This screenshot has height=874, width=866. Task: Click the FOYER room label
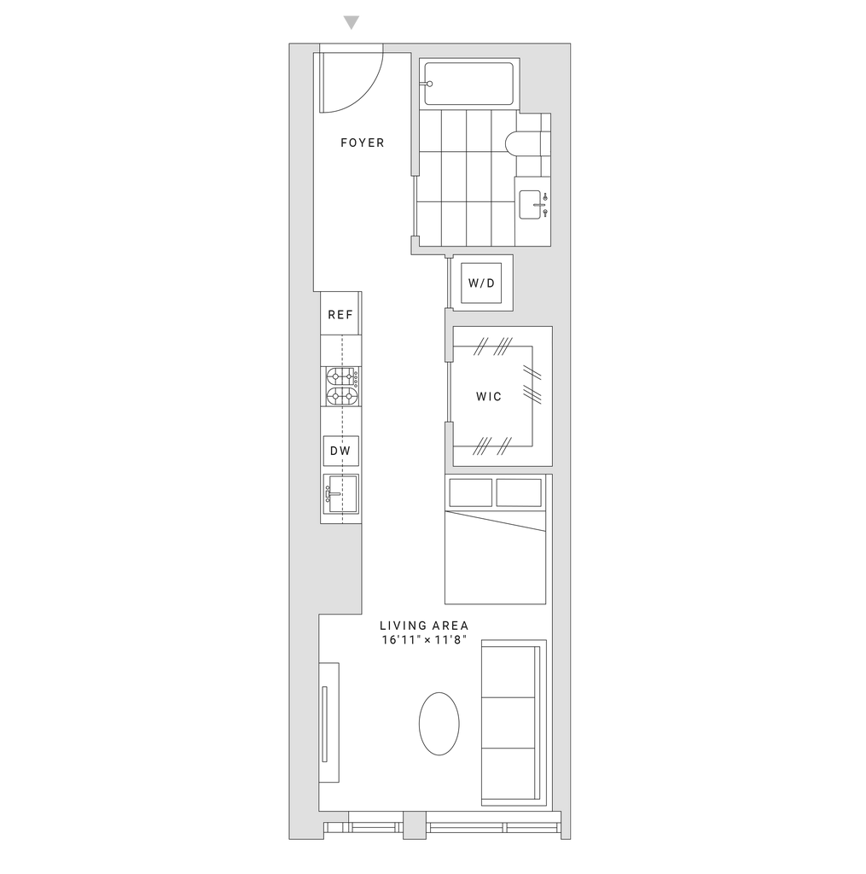tap(363, 143)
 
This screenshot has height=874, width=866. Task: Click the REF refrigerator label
tap(341, 314)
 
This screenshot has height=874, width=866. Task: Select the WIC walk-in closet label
tap(487, 396)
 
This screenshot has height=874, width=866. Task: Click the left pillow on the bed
tap(468, 492)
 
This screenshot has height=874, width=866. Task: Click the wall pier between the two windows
tap(414, 825)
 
